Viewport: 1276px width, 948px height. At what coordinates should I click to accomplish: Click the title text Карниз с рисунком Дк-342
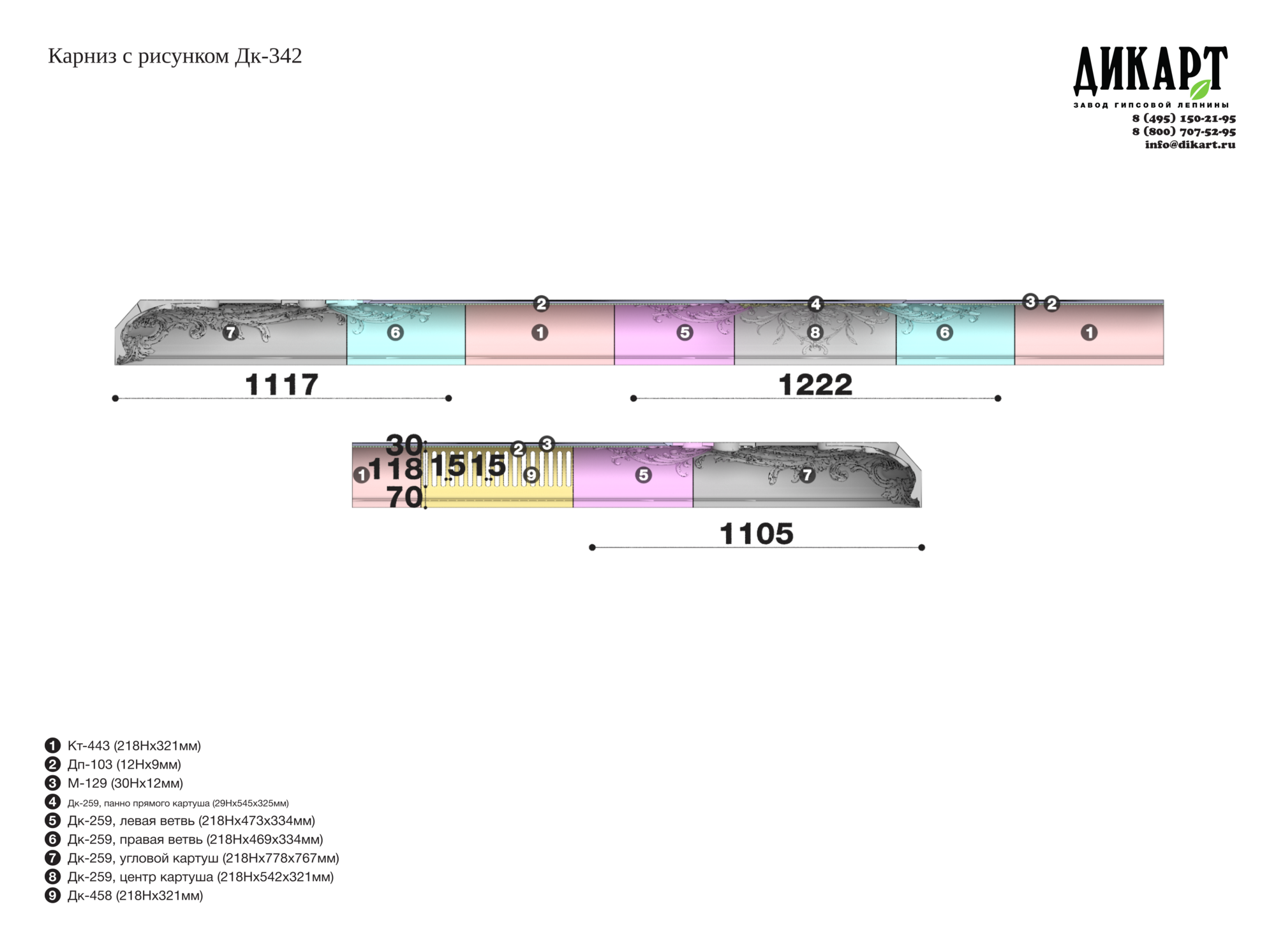pyautogui.click(x=175, y=56)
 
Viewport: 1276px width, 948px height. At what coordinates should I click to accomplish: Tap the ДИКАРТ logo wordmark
pyautogui.click(x=1150, y=70)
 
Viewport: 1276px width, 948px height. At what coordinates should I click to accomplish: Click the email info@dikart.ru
pyautogui.click(x=1190, y=144)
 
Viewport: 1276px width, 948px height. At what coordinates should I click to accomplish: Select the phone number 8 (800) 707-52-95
pyautogui.click(x=1183, y=131)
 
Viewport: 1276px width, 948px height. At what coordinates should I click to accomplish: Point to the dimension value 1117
pyautogui.click(x=281, y=385)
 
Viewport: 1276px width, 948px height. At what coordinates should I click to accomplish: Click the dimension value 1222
pyautogui.click(x=815, y=385)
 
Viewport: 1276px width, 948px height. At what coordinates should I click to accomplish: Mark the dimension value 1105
pyautogui.click(x=756, y=534)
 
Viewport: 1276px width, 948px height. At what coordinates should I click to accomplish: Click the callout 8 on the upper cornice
pyautogui.click(x=815, y=332)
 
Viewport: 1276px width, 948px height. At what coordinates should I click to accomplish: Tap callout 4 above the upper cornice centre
pyautogui.click(x=815, y=304)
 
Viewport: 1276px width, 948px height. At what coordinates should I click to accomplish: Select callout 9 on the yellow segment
pyautogui.click(x=531, y=475)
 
